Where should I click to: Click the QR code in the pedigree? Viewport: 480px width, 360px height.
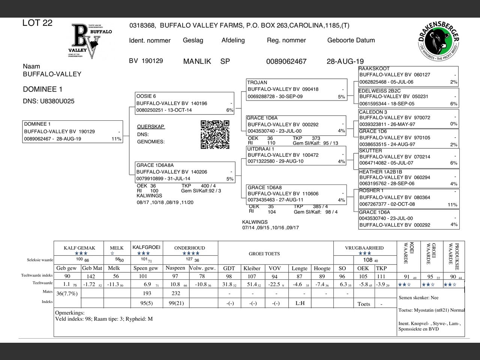point(215,135)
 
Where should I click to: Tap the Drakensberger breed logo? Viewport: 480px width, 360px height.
point(438,42)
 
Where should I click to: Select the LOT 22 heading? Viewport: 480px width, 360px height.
point(37,23)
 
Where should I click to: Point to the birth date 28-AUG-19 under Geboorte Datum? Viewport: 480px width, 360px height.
point(345,61)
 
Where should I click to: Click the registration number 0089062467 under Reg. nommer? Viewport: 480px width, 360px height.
point(286,61)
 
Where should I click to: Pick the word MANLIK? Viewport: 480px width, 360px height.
point(197,61)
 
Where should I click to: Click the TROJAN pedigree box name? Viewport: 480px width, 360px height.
point(257,82)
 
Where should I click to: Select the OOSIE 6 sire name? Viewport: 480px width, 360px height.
point(146,96)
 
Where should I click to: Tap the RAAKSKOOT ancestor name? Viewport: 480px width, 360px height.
point(374,69)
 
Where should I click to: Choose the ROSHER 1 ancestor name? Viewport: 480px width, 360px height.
point(371,190)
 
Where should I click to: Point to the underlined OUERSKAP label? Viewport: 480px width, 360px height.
point(151,127)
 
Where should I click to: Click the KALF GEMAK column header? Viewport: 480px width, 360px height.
point(79,248)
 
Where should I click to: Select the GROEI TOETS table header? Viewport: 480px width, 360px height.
point(264,254)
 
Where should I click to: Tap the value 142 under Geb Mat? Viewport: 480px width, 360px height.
point(91,276)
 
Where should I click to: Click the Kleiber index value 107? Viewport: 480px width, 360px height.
point(252,276)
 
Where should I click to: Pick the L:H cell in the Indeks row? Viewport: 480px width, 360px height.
point(300,303)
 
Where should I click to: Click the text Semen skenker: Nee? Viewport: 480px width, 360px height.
point(418,298)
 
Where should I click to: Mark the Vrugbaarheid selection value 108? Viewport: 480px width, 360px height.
point(367,260)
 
